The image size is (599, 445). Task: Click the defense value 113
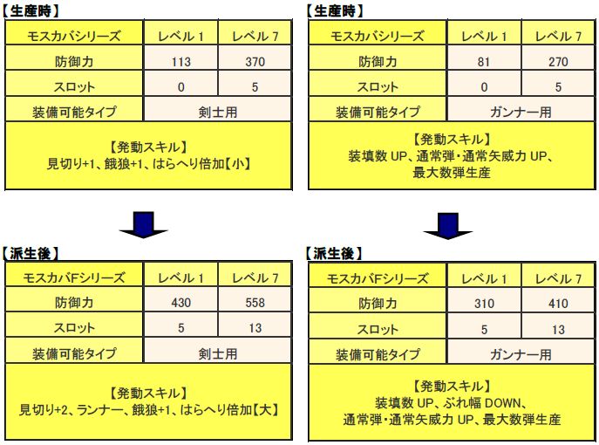click(x=180, y=62)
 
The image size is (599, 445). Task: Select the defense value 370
click(x=255, y=62)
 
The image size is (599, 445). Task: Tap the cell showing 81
click(x=484, y=62)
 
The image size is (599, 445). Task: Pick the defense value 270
click(x=558, y=62)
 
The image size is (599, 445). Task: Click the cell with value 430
click(x=180, y=303)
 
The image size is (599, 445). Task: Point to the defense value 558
click(x=255, y=303)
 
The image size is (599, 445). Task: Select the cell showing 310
click(x=484, y=304)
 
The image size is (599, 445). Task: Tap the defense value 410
click(x=558, y=304)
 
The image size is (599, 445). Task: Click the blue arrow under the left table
click(x=144, y=225)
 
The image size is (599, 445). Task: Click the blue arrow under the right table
click(x=447, y=226)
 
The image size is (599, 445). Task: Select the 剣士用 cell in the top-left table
click(x=218, y=113)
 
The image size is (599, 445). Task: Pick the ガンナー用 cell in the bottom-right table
click(x=521, y=355)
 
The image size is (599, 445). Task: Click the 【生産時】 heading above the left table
click(x=31, y=10)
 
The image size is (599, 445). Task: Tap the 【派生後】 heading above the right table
click(x=334, y=253)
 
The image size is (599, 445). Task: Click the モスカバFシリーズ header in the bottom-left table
click(x=74, y=277)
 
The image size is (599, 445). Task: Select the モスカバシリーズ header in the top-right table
click(x=378, y=36)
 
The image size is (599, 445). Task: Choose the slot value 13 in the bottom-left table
click(x=255, y=328)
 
